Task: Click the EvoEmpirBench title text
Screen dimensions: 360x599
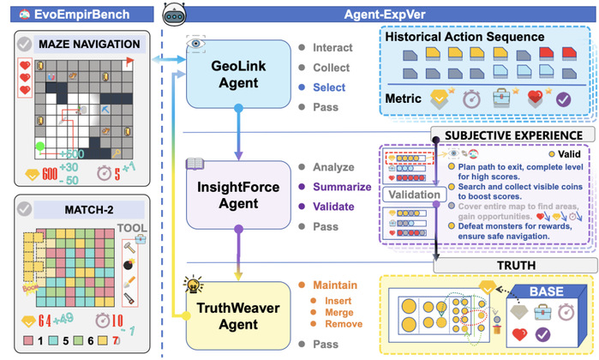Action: click(x=64, y=13)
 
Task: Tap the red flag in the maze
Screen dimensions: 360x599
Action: click(x=129, y=61)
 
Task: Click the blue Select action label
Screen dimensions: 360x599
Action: click(x=329, y=87)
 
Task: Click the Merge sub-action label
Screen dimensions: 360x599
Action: click(x=337, y=320)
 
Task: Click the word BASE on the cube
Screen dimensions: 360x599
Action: click(x=546, y=291)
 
